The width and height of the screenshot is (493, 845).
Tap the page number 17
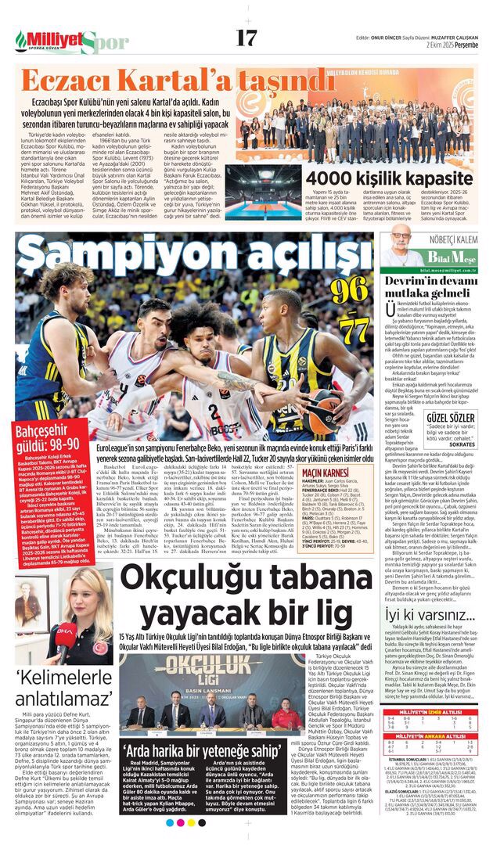246,37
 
